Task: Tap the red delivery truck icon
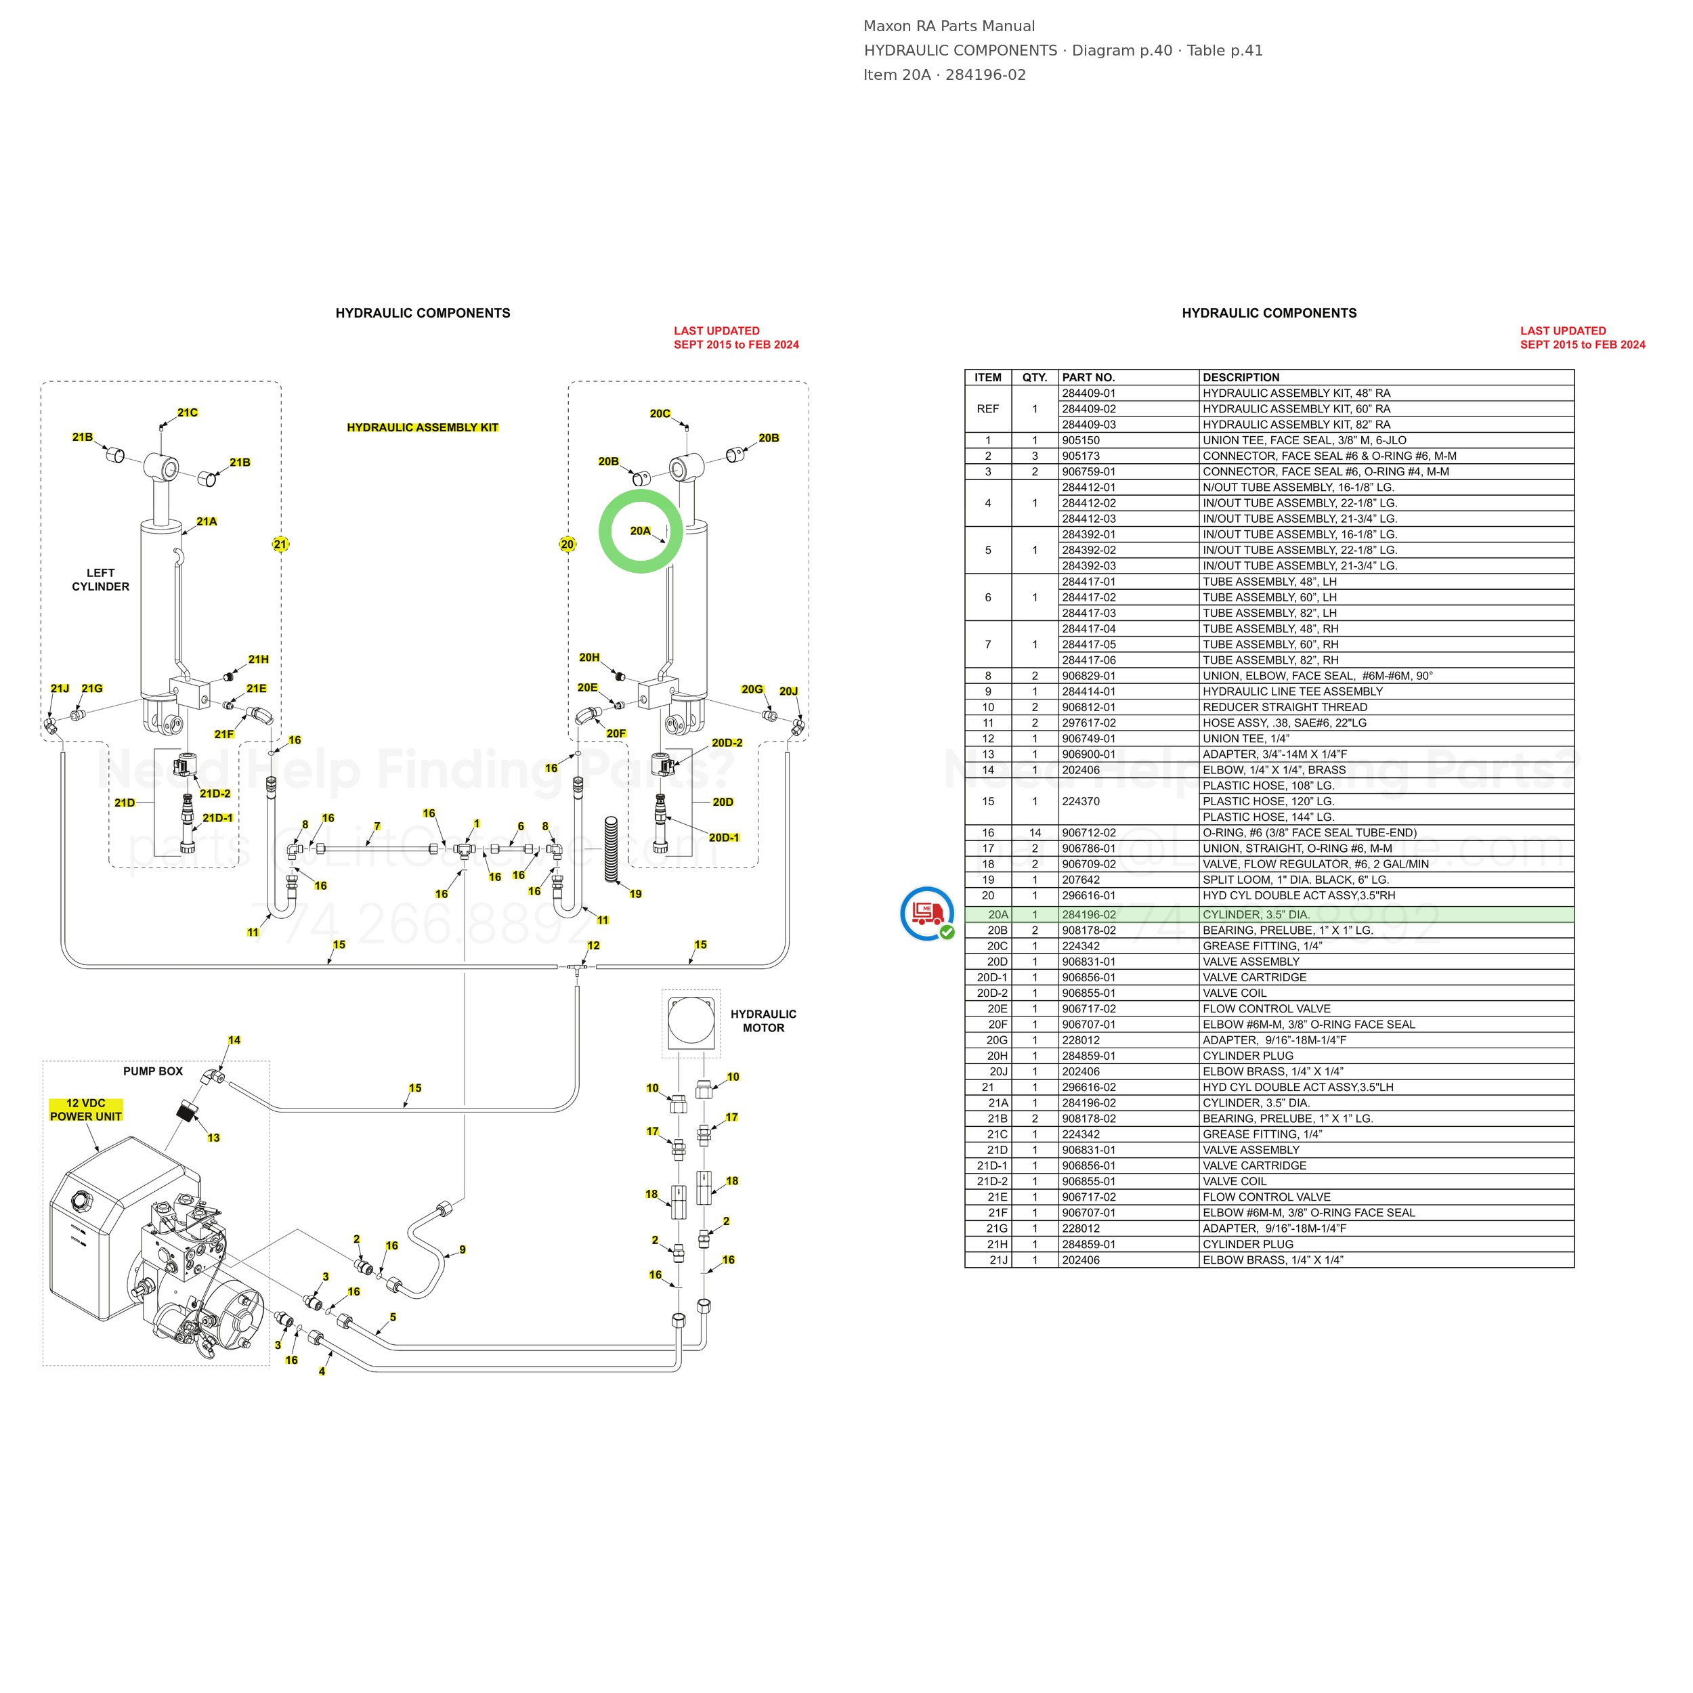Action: pos(927,913)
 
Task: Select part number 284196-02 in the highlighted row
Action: pos(1089,915)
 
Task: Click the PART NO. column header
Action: pos(1088,378)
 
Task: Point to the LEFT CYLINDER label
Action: pos(101,580)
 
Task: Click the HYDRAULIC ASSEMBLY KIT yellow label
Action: pos(423,427)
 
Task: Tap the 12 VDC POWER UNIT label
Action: pos(86,1110)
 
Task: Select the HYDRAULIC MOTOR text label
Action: pos(763,1021)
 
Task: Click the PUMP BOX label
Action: pos(153,1071)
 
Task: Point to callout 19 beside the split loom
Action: pos(635,894)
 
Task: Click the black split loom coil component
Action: pos(612,849)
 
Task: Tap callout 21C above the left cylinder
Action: pos(188,412)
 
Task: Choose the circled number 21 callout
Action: pos(280,544)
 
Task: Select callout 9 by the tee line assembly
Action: pos(463,1249)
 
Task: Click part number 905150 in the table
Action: pos(1080,441)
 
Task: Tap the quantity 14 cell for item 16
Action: pos(1035,832)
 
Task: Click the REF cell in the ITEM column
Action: pos(987,409)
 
